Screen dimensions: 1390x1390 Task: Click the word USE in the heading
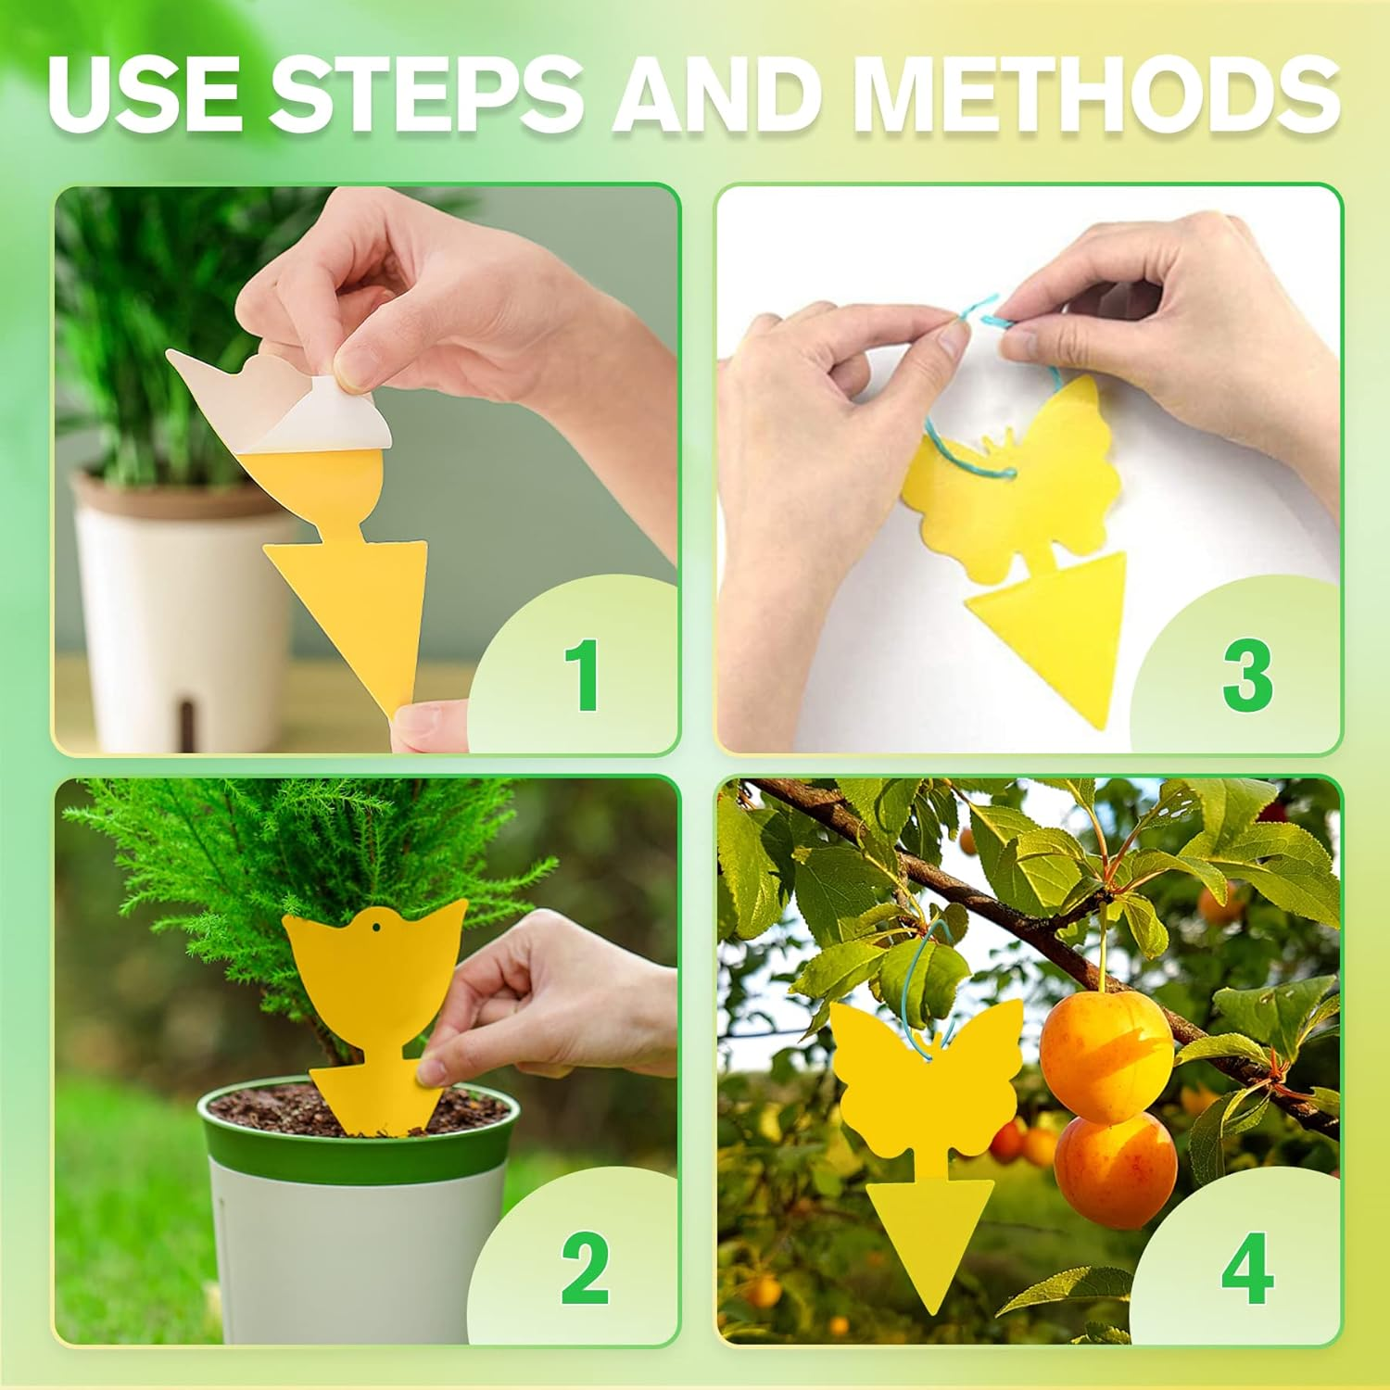(146, 93)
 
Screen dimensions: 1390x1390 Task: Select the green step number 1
(583, 676)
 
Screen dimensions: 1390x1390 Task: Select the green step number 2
(585, 1269)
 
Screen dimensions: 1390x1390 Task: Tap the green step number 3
(1247, 676)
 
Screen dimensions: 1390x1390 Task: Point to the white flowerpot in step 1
(176, 602)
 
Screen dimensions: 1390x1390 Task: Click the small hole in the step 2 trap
(377, 926)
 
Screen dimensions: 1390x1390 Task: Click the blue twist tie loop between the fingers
(987, 315)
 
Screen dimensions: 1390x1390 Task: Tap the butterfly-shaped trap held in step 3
(1019, 482)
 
